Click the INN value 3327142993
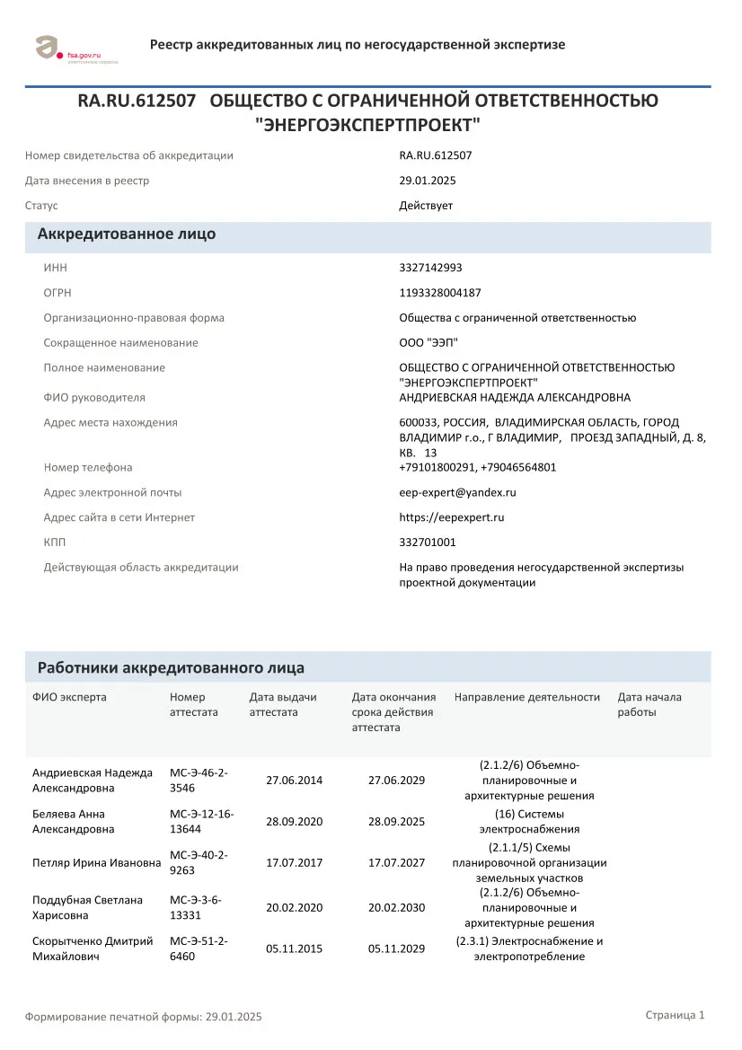pyautogui.click(x=430, y=268)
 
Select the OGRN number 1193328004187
pyautogui.click(x=440, y=293)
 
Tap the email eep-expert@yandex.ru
pyautogui.click(x=457, y=492)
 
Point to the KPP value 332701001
pyautogui.click(x=428, y=543)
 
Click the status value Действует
pyautogui.click(x=426, y=206)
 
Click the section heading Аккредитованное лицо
pyautogui.click(x=126, y=234)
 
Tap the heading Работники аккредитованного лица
pyautogui.click(x=171, y=668)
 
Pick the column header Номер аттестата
pyautogui.click(x=194, y=704)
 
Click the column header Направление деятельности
pyautogui.click(x=526, y=697)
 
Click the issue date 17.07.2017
pyautogui.click(x=294, y=862)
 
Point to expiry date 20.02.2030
pyautogui.click(x=396, y=907)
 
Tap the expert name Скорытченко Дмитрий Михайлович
pyautogui.click(x=92, y=949)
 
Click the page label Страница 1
pyautogui.click(x=675, y=1015)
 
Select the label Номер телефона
pyautogui.click(x=88, y=467)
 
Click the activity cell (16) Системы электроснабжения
pyautogui.click(x=529, y=821)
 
